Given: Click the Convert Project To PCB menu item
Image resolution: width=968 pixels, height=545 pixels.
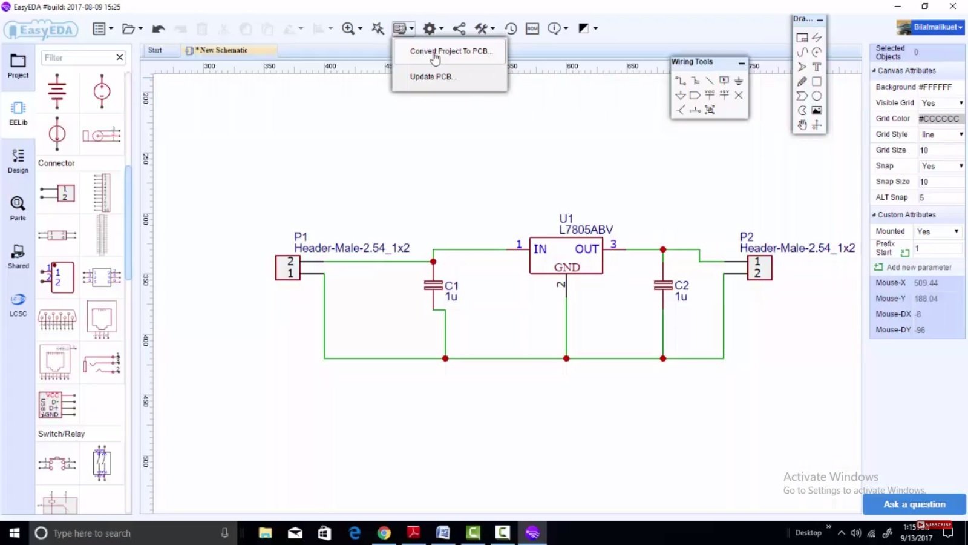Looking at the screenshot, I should point(451,51).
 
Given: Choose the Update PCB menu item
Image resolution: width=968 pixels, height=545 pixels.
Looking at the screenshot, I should point(433,77).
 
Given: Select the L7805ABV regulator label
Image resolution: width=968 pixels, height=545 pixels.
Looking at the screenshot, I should point(586,230).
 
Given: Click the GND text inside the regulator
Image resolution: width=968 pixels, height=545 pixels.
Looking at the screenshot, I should point(567,267).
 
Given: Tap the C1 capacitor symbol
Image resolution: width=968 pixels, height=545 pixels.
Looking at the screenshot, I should point(433,285).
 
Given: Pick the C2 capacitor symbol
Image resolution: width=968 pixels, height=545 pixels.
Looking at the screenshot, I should point(663,285).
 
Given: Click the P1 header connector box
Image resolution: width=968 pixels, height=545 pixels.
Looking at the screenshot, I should point(288,268).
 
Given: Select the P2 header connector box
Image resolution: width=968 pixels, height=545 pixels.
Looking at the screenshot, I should point(759,268).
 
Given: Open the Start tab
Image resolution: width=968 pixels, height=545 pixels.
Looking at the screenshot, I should point(155,50).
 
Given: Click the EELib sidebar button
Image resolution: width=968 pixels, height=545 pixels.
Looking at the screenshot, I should point(18,113).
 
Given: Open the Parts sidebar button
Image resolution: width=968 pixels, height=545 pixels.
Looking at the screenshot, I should point(18,208).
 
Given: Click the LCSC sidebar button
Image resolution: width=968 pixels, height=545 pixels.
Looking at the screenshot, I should point(18,305).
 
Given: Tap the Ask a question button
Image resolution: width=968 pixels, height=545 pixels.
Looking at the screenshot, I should point(914,504).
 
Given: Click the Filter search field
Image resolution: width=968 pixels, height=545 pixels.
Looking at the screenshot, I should point(77,58).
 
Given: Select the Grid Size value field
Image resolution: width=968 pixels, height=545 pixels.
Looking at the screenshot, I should point(940,150).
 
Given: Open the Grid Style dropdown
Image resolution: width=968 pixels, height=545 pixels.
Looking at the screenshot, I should point(941,134).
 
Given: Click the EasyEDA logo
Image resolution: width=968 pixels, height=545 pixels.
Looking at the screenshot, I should point(41,30).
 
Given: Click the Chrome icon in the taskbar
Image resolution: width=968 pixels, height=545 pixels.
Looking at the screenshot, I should point(384,533).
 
